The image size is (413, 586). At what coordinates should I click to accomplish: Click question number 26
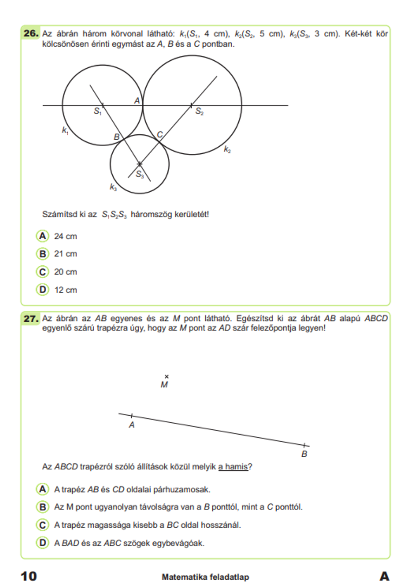(x=31, y=33)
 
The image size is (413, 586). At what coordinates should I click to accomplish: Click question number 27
(x=31, y=319)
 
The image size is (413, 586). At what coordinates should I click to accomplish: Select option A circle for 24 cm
(x=43, y=236)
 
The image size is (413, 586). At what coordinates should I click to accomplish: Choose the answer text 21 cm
(x=65, y=254)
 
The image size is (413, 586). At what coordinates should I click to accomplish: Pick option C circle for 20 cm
(x=43, y=272)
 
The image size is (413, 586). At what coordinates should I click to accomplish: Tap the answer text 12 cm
(x=65, y=290)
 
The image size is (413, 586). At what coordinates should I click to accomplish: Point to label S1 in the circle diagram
(x=97, y=111)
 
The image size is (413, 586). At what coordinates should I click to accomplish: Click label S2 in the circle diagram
(x=199, y=111)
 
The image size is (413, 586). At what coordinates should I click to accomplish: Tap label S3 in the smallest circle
(x=140, y=174)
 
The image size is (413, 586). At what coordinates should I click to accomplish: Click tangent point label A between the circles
(x=137, y=100)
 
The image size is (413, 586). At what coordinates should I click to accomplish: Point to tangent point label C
(x=160, y=134)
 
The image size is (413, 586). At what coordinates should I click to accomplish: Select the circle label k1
(x=65, y=131)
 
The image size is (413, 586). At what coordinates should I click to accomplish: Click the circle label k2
(x=227, y=149)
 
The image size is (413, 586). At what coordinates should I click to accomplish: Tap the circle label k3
(x=113, y=187)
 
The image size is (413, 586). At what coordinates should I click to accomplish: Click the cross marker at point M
(x=166, y=376)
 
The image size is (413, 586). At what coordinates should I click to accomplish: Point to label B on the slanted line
(x=304, y=454)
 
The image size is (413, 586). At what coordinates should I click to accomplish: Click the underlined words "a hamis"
(x=233, y=467)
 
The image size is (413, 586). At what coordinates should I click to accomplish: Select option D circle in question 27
(x=43, y=543)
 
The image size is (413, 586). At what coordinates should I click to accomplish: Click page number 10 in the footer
(x=29, y=576)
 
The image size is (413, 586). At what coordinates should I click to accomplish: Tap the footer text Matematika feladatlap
(x=205, y=577)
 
